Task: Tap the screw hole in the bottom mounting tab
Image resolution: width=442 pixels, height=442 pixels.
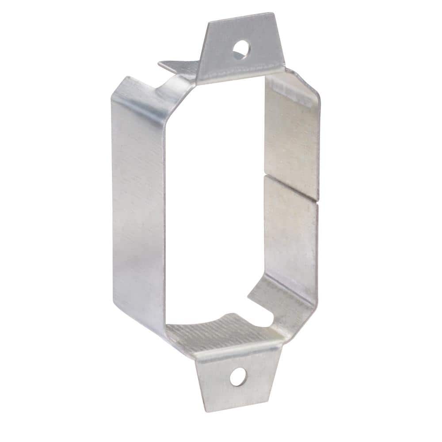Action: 237,376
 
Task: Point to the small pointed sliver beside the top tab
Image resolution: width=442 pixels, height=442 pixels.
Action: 175,67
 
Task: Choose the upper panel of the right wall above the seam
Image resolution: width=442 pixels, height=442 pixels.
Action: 292,137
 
